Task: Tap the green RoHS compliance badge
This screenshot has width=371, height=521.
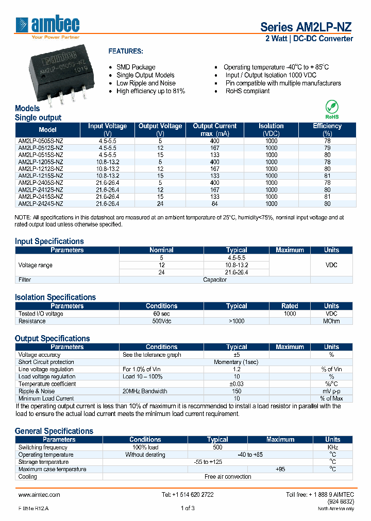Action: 332,109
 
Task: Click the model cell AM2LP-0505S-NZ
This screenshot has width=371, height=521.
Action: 41,140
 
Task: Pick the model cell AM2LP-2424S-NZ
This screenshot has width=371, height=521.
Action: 41,204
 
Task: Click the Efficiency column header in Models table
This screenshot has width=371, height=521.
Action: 327,129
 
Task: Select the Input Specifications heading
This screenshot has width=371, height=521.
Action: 49,241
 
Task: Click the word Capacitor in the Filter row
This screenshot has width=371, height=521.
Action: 214,280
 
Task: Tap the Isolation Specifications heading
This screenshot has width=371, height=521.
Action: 55,297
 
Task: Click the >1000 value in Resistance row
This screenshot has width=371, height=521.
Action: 237,321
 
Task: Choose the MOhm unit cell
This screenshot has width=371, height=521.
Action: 331,321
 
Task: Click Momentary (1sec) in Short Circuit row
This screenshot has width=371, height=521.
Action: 236,362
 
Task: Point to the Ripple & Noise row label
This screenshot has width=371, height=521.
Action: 36,391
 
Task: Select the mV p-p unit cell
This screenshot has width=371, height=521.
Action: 331,391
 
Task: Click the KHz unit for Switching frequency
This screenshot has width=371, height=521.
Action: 332,447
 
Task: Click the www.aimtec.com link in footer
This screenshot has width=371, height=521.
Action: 39,494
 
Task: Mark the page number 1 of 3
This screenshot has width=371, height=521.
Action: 188,508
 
